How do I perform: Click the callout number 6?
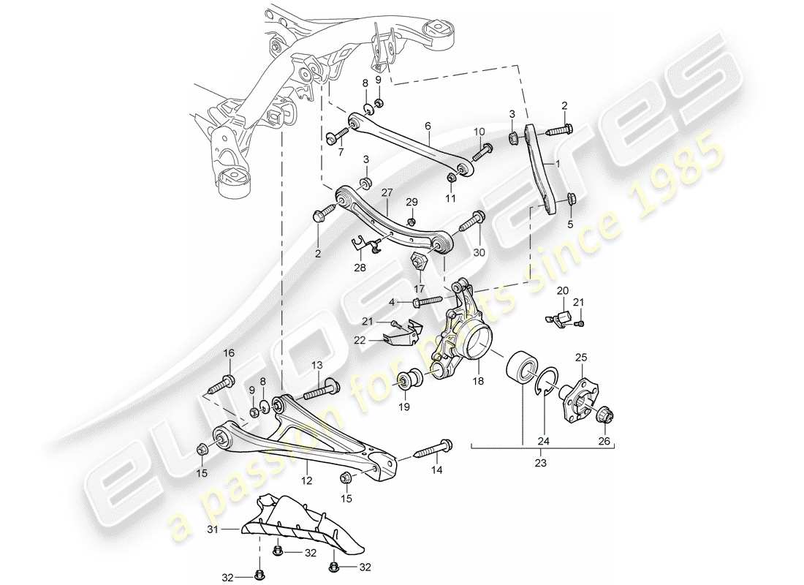coord(428,125)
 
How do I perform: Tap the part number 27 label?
coord(386,193)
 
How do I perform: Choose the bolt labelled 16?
coord(222,382)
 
